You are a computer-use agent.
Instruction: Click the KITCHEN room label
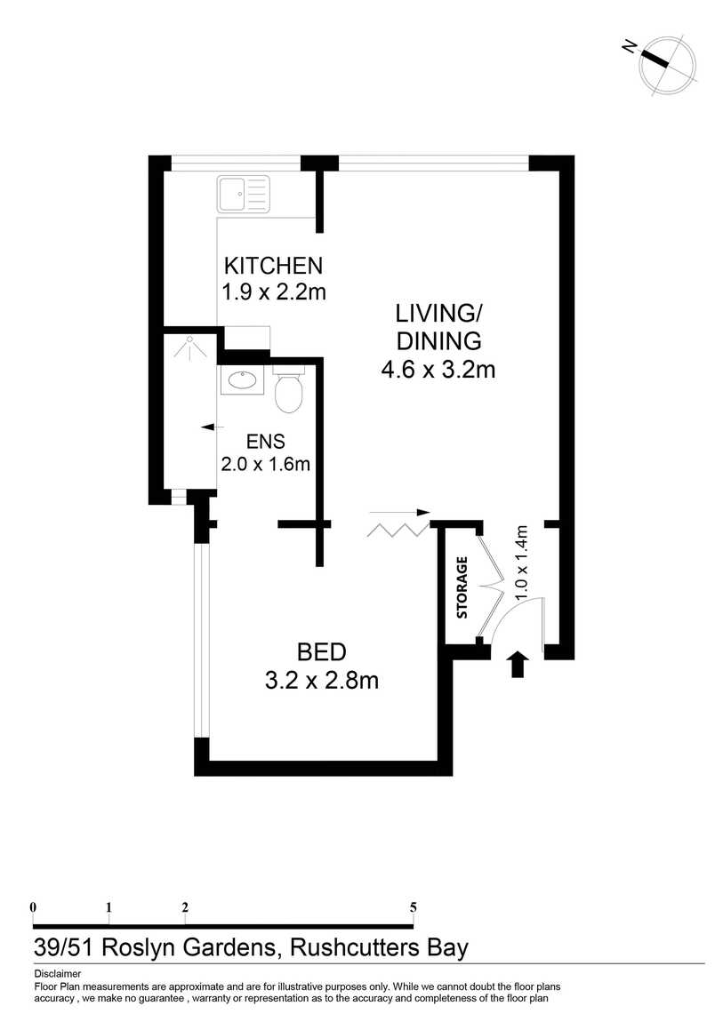273,266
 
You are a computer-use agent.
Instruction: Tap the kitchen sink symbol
243,195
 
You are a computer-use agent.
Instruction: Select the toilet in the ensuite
289,389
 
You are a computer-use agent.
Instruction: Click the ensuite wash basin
242,380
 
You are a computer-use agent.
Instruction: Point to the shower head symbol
189,347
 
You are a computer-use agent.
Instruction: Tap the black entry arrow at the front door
518,664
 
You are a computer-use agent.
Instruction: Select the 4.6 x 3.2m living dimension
438,370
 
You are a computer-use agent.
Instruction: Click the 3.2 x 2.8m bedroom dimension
321,681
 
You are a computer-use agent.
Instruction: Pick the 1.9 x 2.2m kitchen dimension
274,292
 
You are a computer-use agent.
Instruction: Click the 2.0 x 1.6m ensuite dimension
265,464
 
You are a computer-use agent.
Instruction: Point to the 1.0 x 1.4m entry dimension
521,563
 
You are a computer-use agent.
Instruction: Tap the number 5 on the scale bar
413,906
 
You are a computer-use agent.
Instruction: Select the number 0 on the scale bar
33,906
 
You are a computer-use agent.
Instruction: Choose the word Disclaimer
58,974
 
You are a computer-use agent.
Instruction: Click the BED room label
321,651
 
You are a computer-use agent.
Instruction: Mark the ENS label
266,442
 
